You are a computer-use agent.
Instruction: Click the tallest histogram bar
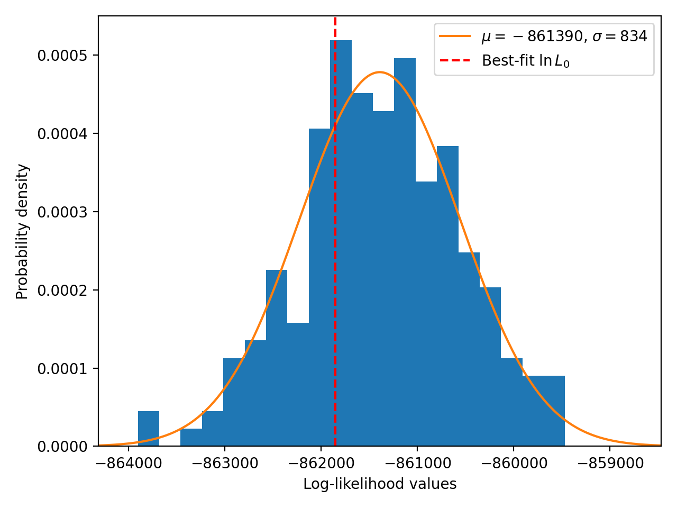click(341, 243)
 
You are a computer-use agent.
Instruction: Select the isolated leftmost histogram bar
click(148, 429)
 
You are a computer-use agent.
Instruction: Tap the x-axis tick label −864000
click(129, 464)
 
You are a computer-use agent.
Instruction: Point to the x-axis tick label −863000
click(225, 464)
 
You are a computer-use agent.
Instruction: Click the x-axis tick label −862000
click(322, 464)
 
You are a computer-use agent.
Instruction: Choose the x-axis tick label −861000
click(418, 464)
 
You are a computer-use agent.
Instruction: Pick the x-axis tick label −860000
click(514, 464)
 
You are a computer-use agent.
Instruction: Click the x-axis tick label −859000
click(610, 464)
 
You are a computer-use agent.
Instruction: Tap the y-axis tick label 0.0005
click(62, 56)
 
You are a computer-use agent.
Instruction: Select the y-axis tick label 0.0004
click(62, 134)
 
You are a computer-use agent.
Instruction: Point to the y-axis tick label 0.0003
click(62, 213)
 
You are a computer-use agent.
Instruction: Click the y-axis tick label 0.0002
click(62, 291)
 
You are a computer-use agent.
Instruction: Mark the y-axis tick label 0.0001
click(62, 369)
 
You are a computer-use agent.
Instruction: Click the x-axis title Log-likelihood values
click(380, 484)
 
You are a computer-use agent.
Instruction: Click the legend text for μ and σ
click(564, 37)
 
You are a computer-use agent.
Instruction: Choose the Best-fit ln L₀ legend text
click(525, 60)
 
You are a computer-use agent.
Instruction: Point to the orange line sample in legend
click(455, 36)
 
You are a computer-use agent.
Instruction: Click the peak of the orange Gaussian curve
click(380, 72)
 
